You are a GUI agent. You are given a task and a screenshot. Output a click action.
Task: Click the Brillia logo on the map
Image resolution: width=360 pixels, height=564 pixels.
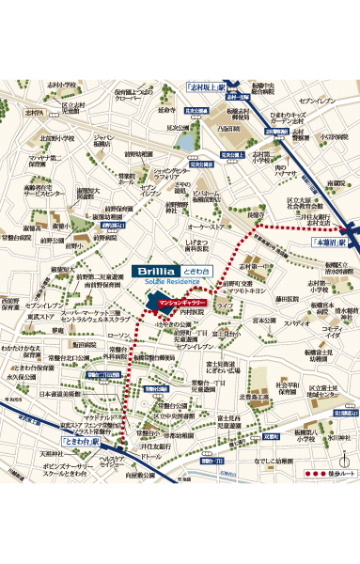(x=153, y=270)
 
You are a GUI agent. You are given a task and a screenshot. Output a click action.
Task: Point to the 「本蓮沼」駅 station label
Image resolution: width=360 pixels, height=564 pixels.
(x=329, y=241)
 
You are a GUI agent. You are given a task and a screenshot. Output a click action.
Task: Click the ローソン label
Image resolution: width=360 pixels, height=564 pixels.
(x=120, y=336)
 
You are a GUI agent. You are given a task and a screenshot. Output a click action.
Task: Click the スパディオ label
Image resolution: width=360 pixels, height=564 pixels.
(x=298, y=321)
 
